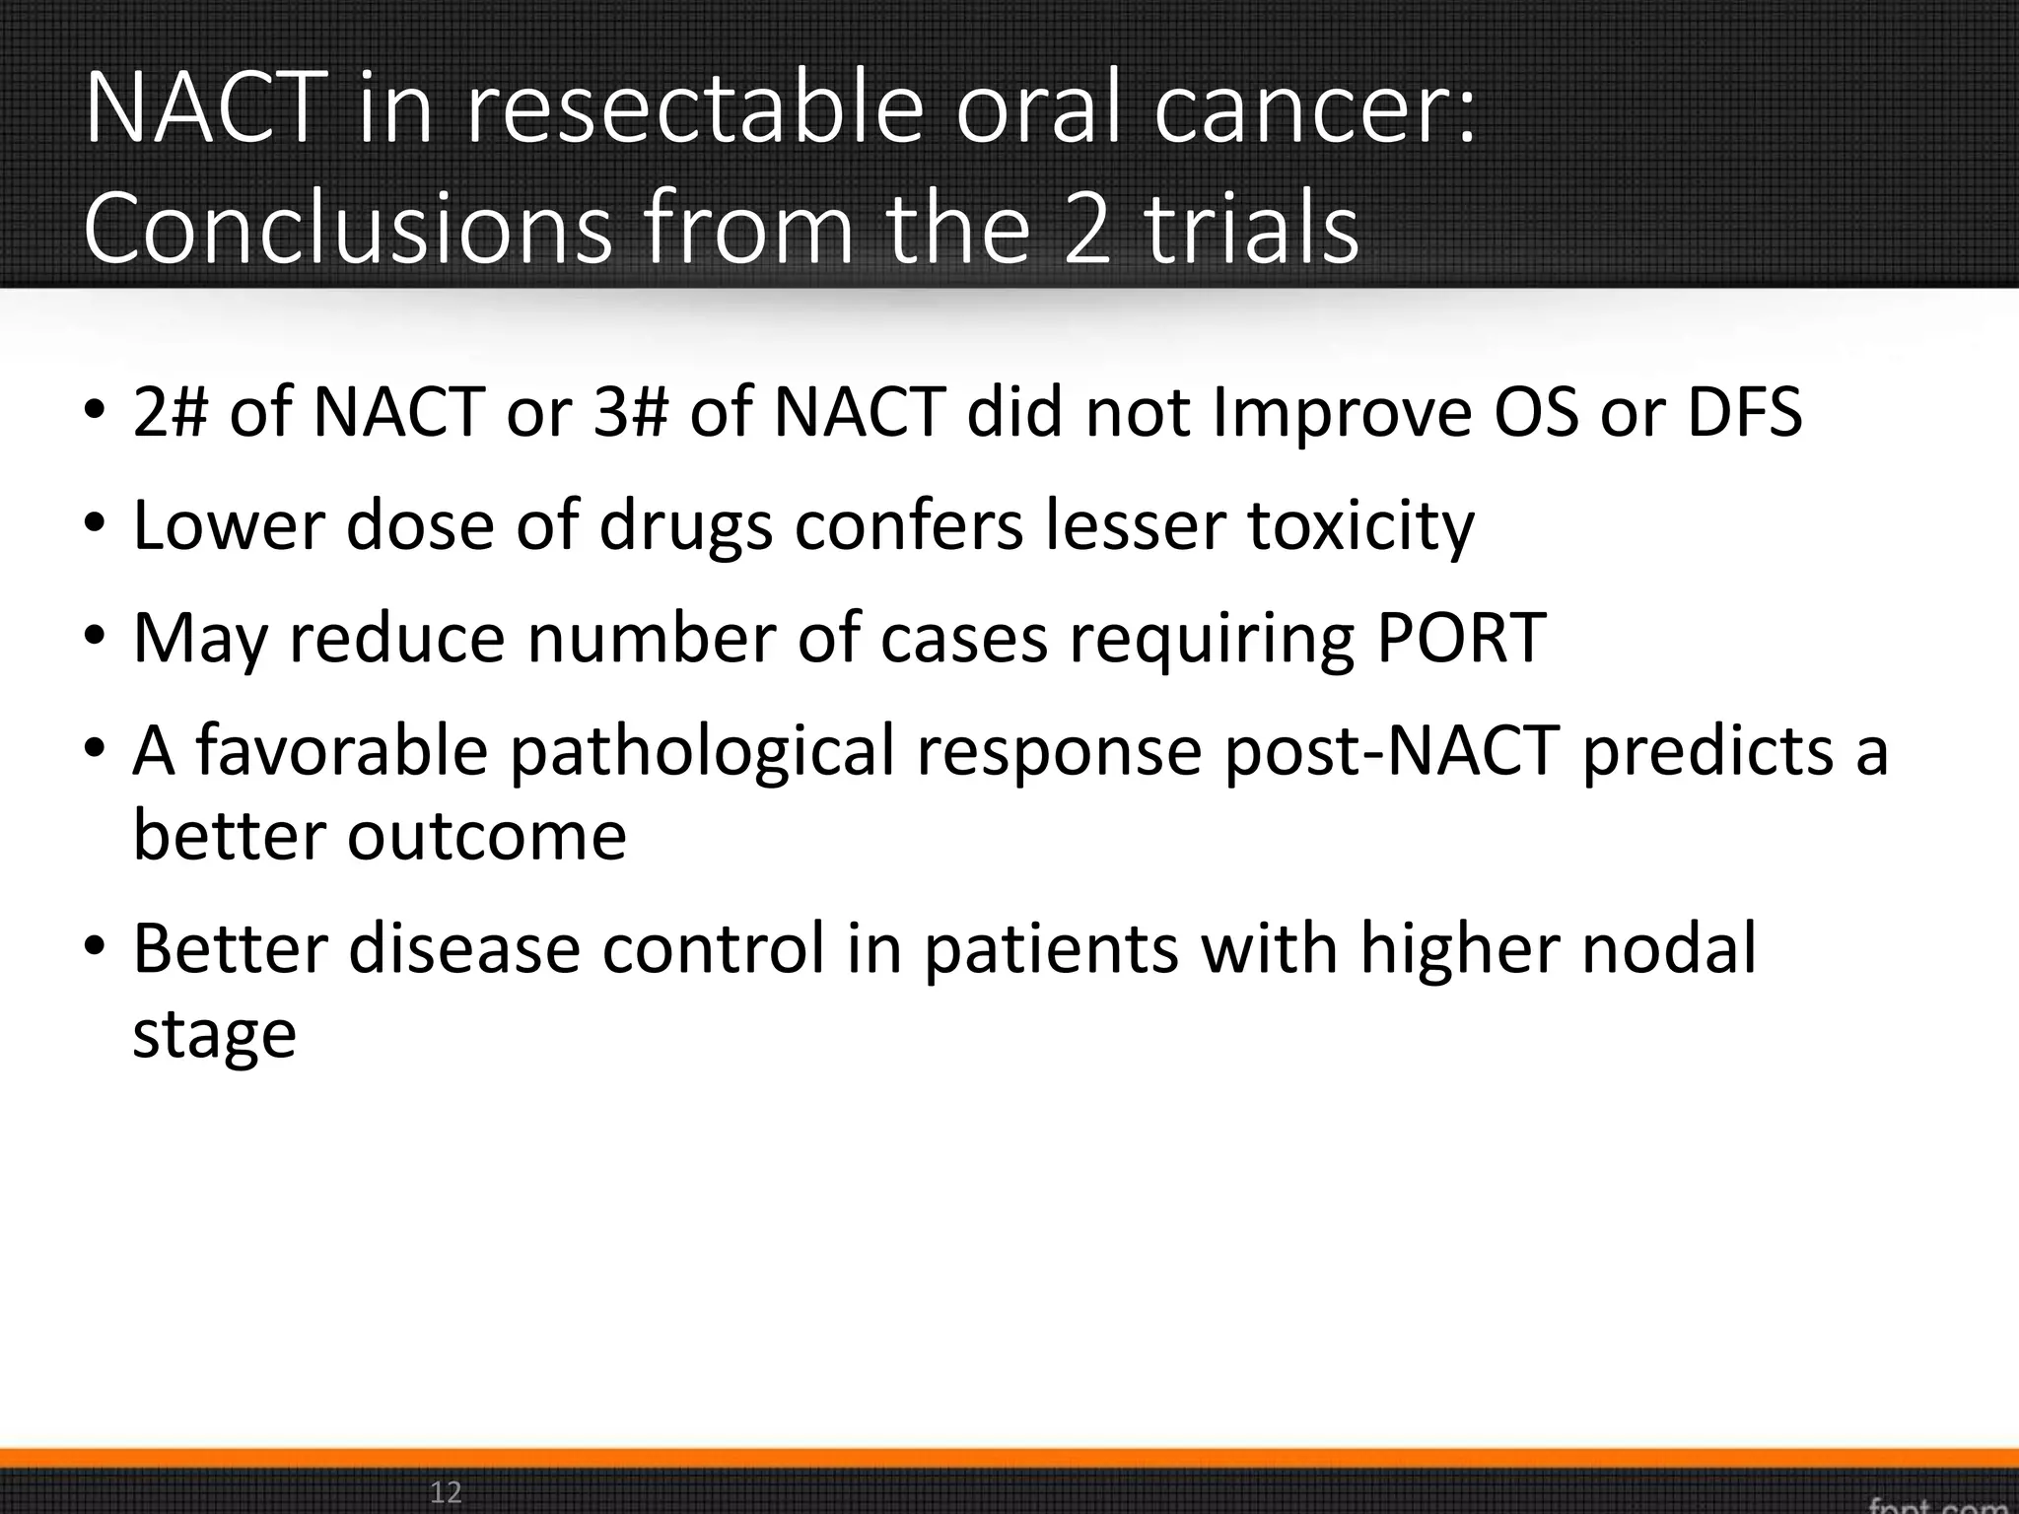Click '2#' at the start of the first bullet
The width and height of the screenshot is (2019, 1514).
coord(171,412)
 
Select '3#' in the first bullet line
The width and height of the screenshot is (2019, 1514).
coord(630,412)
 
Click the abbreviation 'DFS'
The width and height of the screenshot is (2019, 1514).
coord(1744,412)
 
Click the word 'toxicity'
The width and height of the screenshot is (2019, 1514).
coord(1361,526)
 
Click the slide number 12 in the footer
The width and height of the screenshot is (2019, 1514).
coord(446,1491)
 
